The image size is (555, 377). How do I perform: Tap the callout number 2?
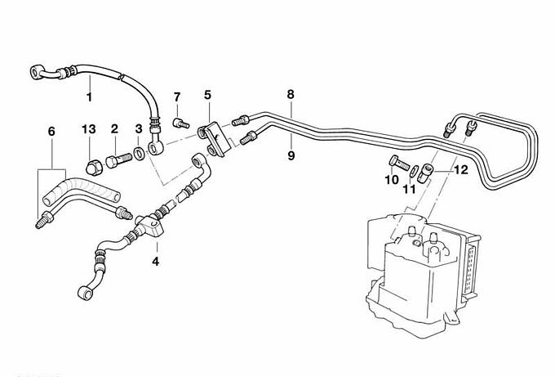tap(115, 128)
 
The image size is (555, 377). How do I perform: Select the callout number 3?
tap(139, 129)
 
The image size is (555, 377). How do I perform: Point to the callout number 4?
tap(156, 262)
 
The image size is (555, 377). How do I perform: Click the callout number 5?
tap(207, 96)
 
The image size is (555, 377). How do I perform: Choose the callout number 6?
tap(51, 131)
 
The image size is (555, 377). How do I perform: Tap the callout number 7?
tap(176, 99)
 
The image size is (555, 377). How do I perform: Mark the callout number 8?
tap(291, 95)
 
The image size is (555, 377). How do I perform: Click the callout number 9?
tap(291, 152)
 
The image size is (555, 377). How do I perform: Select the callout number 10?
tap(391, 178)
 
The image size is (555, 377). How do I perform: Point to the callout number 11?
tap(409, 189)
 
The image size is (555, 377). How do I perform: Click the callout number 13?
tap(88, 128)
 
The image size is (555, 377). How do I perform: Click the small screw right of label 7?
tap(182, 123)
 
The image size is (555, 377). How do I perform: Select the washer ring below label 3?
tap(141, 152)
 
